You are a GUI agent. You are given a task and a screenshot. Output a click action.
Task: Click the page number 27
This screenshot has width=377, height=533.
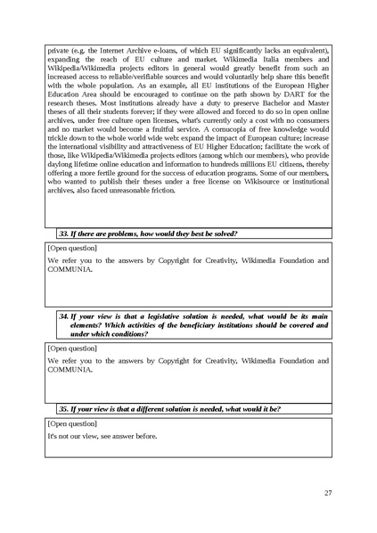328,493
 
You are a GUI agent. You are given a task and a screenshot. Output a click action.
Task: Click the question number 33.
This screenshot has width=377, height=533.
64,234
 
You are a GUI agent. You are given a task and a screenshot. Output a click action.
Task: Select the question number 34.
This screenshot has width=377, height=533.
63,316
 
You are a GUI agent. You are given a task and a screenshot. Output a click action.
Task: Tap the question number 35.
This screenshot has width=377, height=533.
64,408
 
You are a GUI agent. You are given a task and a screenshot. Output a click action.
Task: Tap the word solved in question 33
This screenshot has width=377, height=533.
224,234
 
